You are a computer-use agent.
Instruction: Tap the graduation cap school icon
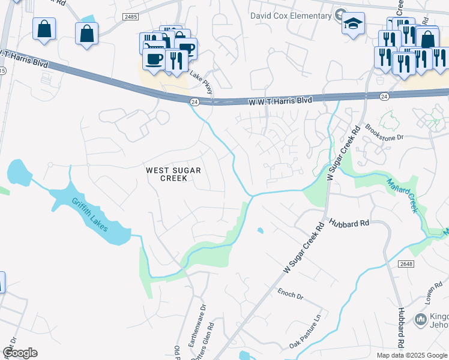tap(354, 24)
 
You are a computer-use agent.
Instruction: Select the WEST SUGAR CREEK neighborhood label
tap(170, 174)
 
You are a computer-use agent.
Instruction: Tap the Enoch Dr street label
tap(291, 294)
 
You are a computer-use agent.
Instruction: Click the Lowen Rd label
tap(435, 294)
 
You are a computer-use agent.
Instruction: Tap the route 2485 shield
tap(131, 17)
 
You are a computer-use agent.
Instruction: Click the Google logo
tap(19, 353)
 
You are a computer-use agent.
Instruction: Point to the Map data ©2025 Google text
tap(411, 355)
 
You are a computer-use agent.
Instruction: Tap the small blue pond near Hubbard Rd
tap(259, 230)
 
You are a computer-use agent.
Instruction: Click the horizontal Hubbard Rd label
tap(349, 223)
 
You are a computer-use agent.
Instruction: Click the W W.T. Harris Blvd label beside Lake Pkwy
tap(280, 101)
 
